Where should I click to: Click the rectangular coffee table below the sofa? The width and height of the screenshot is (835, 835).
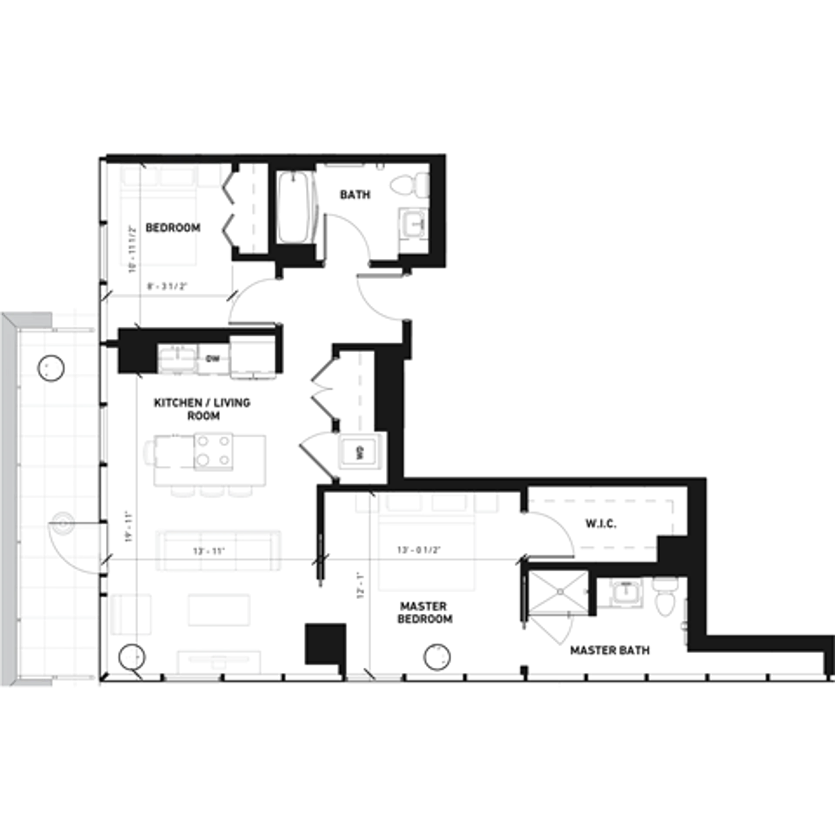pos(219,610)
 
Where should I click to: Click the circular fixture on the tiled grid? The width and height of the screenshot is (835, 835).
pos(63,524)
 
